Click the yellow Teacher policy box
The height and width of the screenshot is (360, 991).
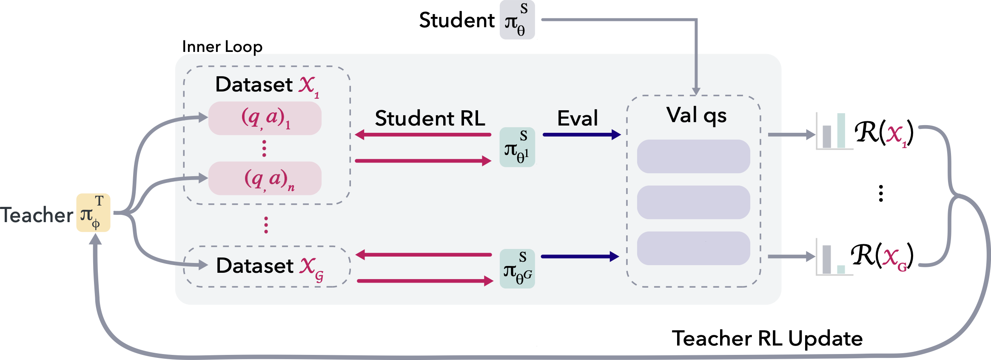(93, 213)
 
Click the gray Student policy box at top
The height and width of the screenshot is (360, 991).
(517, 20)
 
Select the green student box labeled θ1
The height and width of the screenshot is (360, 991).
(517, 147)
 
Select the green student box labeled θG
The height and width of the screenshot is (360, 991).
(517, 269)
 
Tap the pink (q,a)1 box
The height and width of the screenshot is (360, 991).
(265, 118)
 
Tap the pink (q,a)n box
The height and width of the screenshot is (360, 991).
(265, 178)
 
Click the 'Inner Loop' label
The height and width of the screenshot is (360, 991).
(222, 46)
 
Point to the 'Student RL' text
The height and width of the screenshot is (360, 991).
(430, 118)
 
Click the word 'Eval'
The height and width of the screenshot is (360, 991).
(577, 118)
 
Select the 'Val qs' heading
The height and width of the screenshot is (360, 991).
(696, 115)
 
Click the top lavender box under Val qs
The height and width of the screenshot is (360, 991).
(693, 156)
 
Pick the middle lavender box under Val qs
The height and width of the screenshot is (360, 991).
(693, 202)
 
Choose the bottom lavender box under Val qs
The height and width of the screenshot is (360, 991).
(693, 248)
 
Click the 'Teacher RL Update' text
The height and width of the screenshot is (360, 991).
(767, 339)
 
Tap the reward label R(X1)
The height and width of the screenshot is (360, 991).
(884, 133)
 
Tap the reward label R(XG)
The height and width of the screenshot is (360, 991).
(882, 256)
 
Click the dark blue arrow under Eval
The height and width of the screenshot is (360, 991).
(581, 135)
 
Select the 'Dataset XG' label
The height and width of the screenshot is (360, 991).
(270, 266)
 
